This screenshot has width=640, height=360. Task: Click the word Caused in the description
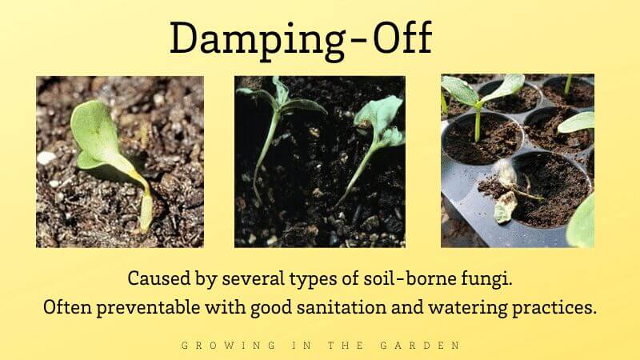(x=154, y=279)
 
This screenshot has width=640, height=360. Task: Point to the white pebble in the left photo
(x=46, y=158)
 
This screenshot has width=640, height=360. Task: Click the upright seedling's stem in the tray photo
(x=477, y=124)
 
